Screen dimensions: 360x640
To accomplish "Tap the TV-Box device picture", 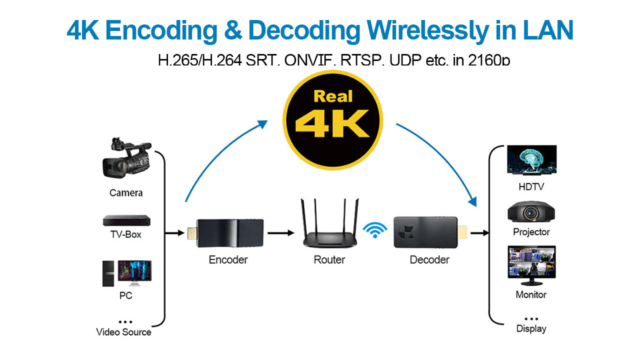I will coord(126,220).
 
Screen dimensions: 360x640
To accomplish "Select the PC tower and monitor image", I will coord(127,273).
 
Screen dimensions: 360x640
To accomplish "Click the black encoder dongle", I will coord(229,233).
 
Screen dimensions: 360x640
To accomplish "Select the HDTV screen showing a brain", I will coord(531,160).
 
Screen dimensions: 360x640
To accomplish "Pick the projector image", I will coord(531,212).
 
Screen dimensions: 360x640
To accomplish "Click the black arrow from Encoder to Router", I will coord(280,233).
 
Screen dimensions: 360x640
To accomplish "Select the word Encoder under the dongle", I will coord(228,260).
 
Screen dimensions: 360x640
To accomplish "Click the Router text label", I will coord(329,260).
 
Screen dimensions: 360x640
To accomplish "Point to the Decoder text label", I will coord(429,260).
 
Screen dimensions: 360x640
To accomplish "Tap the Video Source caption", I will coord(123,332).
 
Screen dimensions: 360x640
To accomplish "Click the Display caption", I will coord(531,329).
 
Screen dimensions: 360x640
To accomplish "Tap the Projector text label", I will coord(531,232).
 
